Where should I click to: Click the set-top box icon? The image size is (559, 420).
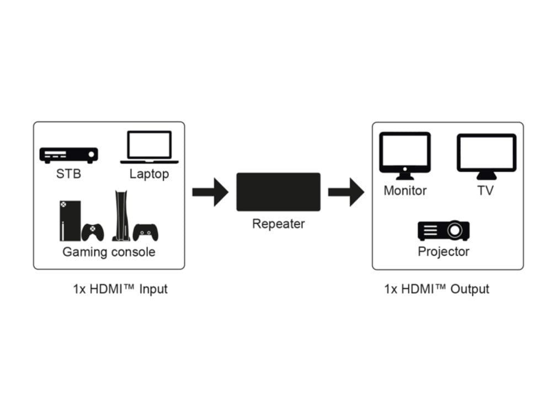[68, 155]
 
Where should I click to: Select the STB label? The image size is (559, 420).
[68, 174]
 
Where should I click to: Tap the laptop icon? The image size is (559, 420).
[149, 148]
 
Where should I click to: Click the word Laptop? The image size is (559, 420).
[149, 174]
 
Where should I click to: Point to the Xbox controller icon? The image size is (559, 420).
[93, 232]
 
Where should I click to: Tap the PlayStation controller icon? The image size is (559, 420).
[146, 232]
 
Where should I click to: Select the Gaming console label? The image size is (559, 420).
[109, 253]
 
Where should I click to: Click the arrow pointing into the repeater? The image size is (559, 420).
[210, 192]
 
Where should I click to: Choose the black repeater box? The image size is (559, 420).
[278, 192]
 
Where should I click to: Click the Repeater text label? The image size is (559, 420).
[278, 224]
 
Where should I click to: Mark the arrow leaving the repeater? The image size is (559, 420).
[346, 192]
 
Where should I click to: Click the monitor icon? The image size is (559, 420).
[405, 155]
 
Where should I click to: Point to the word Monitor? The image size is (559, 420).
[405, 191]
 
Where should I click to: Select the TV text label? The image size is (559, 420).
[486, 191]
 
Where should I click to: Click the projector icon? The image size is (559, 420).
[444, 230]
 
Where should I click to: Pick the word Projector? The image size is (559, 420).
[444, 252]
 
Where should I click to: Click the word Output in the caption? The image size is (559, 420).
[470, 289]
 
